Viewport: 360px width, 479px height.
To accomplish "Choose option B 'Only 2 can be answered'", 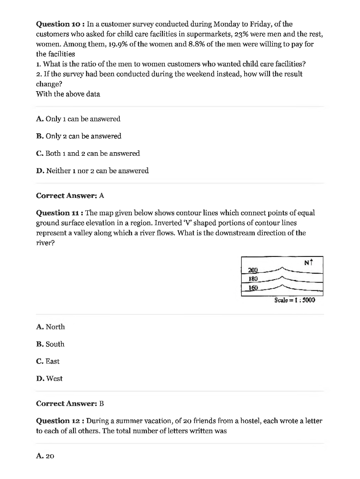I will click(79, 136).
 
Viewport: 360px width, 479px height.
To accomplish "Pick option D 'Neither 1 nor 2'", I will click(92, 171).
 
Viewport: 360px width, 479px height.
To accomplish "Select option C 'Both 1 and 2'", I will click(88, 154).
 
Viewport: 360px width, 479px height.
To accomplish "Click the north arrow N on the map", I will click(308, 263).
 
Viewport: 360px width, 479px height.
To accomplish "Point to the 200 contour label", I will click(253, 270).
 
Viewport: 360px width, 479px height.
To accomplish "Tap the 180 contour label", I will click(253, 279).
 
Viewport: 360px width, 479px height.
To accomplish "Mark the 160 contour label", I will click(253, 288).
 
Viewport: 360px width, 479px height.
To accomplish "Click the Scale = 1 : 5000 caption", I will click(295, 300).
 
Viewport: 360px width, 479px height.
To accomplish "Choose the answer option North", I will click(50, 327).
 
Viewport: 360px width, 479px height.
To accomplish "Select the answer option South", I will click(50, 344).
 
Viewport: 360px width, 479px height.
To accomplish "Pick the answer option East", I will click(48, 361).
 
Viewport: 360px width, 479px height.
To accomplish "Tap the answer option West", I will click(49, 379).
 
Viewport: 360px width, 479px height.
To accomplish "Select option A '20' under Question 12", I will click(45, 456).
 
